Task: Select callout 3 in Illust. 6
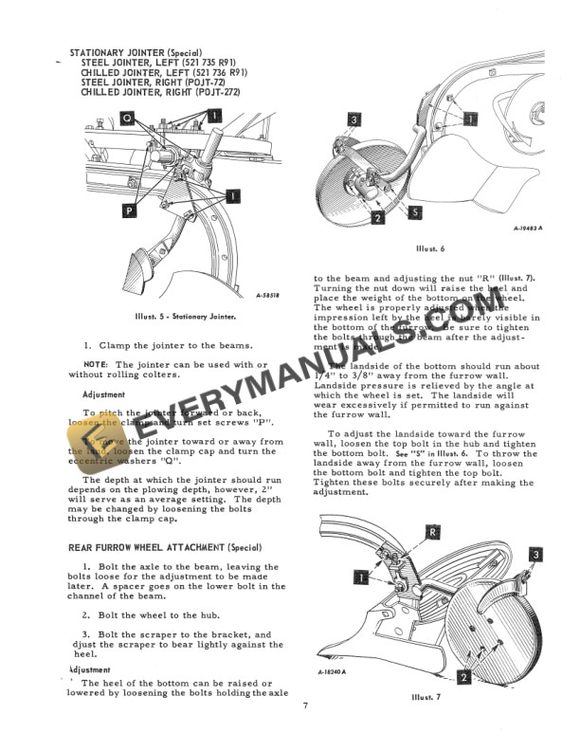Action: click(353, 120)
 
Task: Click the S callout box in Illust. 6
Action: click(415, 214)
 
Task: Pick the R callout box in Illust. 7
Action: click(431, 533)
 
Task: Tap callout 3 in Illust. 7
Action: click(535, 554)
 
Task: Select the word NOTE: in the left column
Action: click(95, 364)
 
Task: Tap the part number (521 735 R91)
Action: click(208, 61)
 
